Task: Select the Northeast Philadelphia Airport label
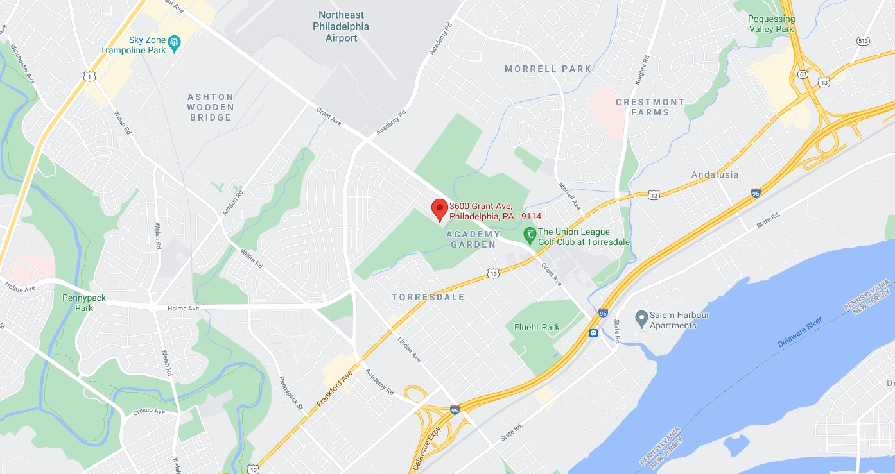tap(341, 26)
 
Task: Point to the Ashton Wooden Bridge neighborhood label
tap(210, 107)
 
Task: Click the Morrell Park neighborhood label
tap(548, 69)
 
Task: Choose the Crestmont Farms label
tap(650, 107)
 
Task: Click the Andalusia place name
tap(715, 174)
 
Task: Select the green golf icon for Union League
tap(529, 235)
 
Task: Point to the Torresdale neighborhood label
tap(428, 298)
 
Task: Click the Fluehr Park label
tap(537, 327)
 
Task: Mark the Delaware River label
tap(800, 332)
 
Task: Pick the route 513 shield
tap(863, 41)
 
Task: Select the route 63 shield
tap(803, 74)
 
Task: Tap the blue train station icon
tap(594, 333)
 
